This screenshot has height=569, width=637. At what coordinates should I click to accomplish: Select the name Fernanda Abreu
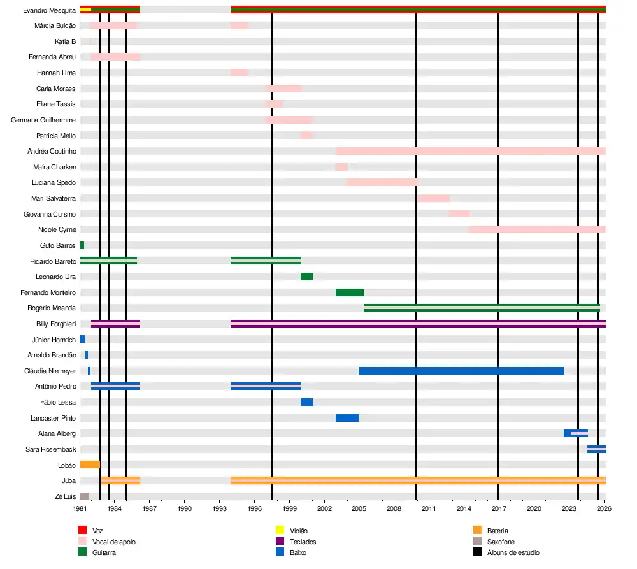click(x=52, y=57)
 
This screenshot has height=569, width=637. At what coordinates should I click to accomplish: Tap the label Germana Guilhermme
click(x=43, y=120)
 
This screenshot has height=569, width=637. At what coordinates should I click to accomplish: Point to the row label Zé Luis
click(x=65, y=496)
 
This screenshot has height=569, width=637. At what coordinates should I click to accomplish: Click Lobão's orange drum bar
click(x=89, y=465)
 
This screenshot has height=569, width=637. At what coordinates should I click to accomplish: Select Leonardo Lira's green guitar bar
click(x=306, y=277)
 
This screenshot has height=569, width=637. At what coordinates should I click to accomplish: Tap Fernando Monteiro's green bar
click(x=349, y=292)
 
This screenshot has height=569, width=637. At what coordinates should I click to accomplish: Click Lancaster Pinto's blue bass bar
click(x=347, y=418)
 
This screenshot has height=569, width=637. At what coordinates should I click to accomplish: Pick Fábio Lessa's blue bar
click(x=306, y=402)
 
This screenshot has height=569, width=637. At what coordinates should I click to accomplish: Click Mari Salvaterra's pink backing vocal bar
click(x=433, y=198)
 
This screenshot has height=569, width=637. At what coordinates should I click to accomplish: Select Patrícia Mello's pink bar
click(x=306, y=135)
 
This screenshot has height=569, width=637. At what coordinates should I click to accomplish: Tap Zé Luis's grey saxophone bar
click(x=84, y=496)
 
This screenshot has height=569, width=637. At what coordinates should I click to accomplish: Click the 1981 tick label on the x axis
click(x=80, y=509)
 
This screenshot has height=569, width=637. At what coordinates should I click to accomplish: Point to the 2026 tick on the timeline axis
click(x=605, y=509)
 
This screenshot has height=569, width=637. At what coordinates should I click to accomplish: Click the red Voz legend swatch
click(x=82, y=530)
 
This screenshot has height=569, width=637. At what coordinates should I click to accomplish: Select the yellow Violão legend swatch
click(x=280, y=530)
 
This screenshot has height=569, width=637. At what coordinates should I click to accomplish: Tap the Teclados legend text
click(x=303, y=542)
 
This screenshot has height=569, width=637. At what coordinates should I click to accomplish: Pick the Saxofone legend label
click(x=501, y=542)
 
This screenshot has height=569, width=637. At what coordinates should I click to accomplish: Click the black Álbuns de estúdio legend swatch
click(x=477, y=552)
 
